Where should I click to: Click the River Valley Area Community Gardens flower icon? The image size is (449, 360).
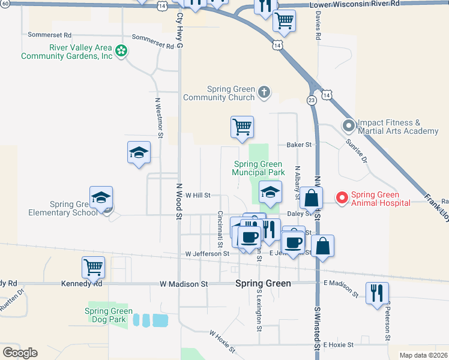121,51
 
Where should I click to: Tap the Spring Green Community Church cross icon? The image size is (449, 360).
264,93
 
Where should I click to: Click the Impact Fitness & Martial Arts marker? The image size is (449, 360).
348,126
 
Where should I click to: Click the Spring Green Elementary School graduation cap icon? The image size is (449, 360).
101,197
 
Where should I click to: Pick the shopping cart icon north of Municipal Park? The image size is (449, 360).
242,127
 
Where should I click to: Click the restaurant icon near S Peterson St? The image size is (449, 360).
376,293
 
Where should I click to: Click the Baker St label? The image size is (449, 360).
300,145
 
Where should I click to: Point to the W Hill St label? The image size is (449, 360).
198,195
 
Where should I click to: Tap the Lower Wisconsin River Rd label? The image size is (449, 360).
354,4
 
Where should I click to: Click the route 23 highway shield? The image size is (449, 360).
312,100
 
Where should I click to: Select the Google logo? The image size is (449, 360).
20,352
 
